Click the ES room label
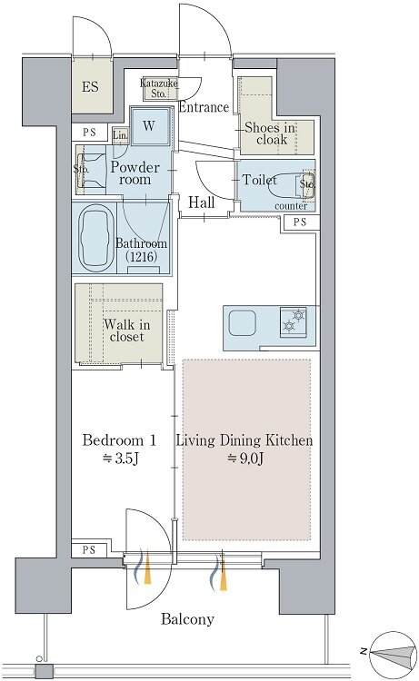90,87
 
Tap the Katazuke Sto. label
159,88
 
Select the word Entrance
204,107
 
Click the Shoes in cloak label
270,133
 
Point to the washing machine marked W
150,126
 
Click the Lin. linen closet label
120,135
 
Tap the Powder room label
135,173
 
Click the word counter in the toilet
291,206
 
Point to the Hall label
201,202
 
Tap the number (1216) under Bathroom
141,256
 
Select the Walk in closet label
127,331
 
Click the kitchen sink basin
243,322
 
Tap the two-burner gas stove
294,321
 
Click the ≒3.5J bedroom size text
120,459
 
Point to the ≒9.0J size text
245,459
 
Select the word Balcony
188,619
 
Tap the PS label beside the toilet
300,222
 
